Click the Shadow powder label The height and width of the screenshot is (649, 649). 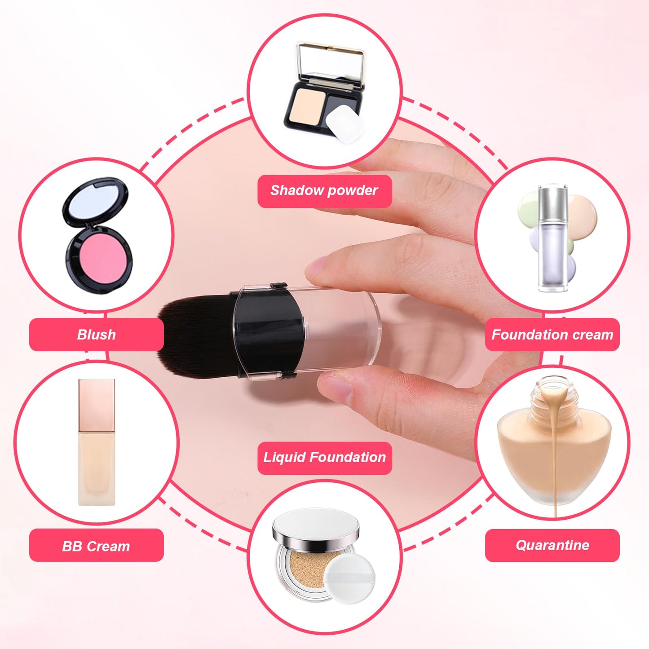click(324, 191)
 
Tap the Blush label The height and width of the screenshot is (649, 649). click(96, 335)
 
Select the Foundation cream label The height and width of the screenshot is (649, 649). click(552, 335)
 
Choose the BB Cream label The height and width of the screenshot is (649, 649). click(96, 546)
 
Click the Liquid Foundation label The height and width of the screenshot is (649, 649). click(324, 458)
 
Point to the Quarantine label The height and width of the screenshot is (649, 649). click(552, 545)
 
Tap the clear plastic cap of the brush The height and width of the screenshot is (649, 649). click(341, 332)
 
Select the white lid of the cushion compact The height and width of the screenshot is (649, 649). click(316, 525)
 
